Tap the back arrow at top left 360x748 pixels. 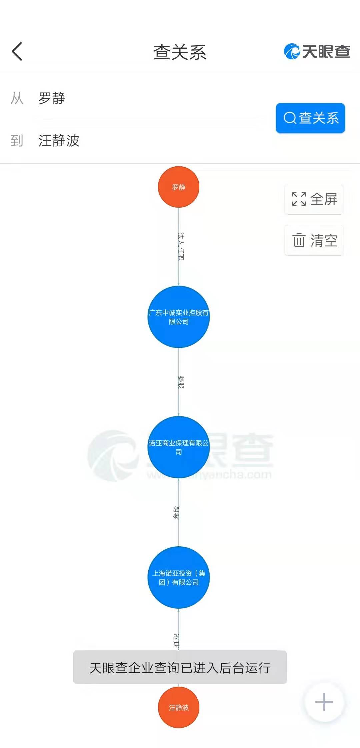pyautogui.click(x=17, y=52)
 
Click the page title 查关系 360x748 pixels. pyautogui.click(x=180, y=52)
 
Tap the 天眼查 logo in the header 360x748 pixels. pyautogui.click(x=317, y=52)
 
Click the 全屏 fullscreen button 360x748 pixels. pyautogui.click(x=314, y=199)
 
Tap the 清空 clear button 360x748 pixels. pyautogui.click(x=314, y=240)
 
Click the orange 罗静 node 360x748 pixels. pyautogui.click(x=179, y=187)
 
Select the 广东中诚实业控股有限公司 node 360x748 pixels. pyautogui.click(x=179, y=317)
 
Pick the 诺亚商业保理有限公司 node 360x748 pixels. pyautogui.click(x=179, y=447)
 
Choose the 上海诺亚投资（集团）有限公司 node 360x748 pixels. pyautogui.click(x=179, y=577)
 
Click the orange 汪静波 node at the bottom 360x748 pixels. pyautogui.click(x=179, y=707)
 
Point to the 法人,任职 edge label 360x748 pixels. pyautogui.click(x=181, y=246)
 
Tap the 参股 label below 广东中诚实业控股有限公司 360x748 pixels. pyautogui.click(x=181, y=382)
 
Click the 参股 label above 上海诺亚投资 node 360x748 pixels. pyautogui.click(x=176, y=512)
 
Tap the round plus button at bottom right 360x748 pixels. pyautogui.click(x=324, y=702)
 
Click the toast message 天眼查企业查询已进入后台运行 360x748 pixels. pyautogui.click(x=180, y=668)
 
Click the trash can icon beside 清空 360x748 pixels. pyautogui.click(x=299, y=240)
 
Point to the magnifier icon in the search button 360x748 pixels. pyautogui.click(x=290, y=118)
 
